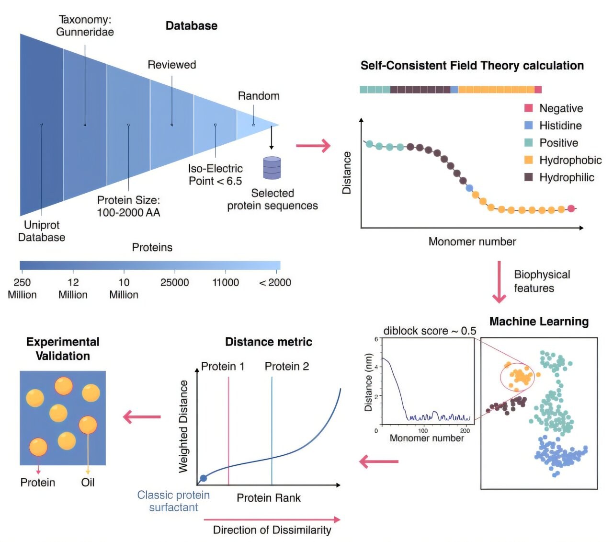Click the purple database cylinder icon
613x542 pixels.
[x=272, y=168]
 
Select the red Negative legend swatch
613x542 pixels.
[x=528, y=108]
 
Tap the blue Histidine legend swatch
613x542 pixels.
[x=528, y=125]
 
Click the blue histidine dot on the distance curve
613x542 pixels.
[x=469, y=188]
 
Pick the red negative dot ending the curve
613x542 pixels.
[x=571, y=208]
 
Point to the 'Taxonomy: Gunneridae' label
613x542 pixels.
[x=85, y=26]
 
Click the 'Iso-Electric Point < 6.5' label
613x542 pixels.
[x=215, y=175]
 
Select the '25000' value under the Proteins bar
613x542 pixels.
[x=175, y=282]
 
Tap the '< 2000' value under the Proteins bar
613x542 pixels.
[x=275, y=282]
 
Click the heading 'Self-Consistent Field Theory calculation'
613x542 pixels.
[x=472, y=65]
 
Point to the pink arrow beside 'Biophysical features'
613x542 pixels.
[x=499, y=282]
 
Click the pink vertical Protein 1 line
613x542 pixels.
[x=228, y=430]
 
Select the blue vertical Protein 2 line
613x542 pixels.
[x=272, y=430]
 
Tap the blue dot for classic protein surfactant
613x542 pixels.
[x=204, y=478]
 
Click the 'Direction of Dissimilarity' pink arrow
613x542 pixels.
[x=272, y=519]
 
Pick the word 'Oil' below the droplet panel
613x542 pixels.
[x=88, y=483]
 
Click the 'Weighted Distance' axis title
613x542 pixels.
[x=183, y=427]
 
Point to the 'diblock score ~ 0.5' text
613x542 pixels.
[x=430, y=331]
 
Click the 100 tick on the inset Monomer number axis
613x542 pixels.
[x=423, y=430]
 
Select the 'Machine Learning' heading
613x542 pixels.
[x=539, y=321]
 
